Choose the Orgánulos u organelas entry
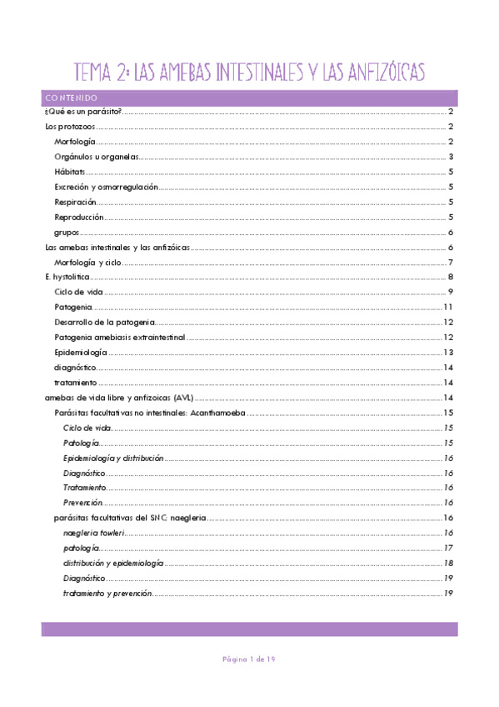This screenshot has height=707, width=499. (x=96, y=157)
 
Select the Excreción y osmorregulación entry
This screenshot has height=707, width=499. (x=106, y=187)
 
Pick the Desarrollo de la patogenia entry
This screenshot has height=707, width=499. (x=103, y=322)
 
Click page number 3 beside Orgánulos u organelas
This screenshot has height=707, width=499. (x=450, y=157)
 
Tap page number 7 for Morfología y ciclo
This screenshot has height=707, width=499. (x=450, y=262)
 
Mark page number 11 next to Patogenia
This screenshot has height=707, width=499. (x=447, y=307)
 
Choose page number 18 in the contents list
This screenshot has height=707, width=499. (x=447, y=563)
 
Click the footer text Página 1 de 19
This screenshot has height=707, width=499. (x=248, y=659)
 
